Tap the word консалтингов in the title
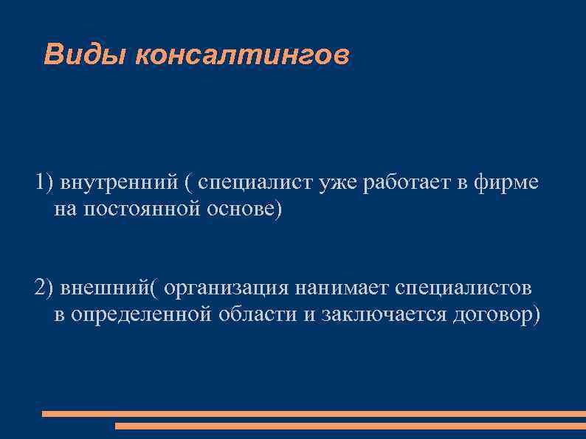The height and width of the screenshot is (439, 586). pos(241,55)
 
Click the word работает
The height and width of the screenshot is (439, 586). pos(408,183)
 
